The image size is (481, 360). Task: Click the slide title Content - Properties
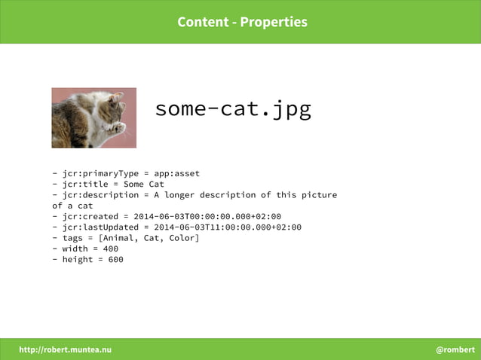(x=242, y=22)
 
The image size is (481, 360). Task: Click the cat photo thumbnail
(x=94, y=117)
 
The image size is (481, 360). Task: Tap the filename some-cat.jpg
(x=233, y=109)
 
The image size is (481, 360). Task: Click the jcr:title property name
(x=85, y=184)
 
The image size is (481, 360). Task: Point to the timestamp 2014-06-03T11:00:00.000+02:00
(x=228, y=227)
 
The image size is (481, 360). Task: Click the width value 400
(x=111, y=249)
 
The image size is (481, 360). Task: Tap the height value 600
(x=115, y=259)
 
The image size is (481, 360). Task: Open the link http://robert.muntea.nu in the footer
(x=65, y=349)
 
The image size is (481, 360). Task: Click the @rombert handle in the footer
(x=455, y=349)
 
